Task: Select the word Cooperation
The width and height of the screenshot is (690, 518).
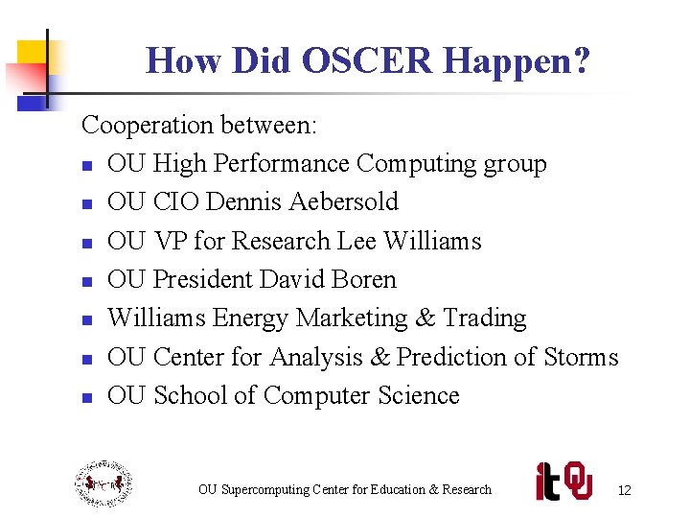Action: point(148,125)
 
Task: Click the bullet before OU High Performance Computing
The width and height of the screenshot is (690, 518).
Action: point(86,165)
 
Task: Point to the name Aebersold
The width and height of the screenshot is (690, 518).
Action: point(342,202)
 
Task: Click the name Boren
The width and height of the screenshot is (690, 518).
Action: point(363,279)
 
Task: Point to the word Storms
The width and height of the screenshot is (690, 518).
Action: point(581,357)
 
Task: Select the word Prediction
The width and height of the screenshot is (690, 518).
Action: point(450,357)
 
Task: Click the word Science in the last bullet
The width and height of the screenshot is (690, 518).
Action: point(419,395)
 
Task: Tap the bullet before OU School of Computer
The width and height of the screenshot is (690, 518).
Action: point(86,397)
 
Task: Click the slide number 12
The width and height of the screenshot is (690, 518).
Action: point(624,490)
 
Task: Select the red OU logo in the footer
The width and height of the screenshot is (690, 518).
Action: point(578,481)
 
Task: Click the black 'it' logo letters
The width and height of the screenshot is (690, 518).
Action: point(548,481)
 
